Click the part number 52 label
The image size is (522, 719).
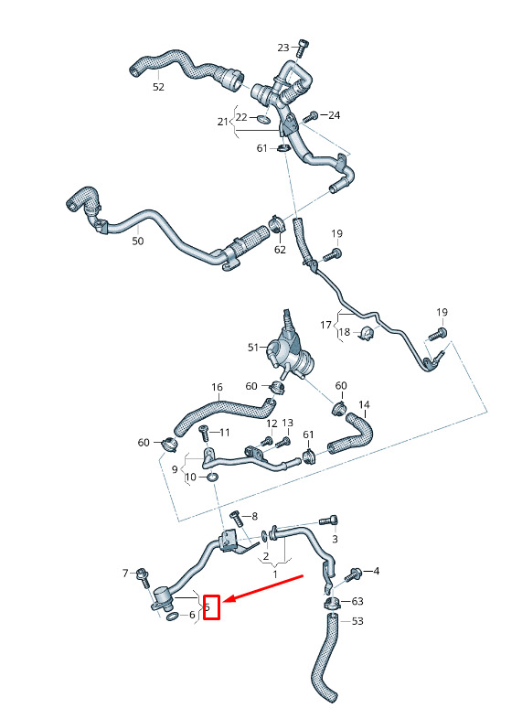tap(158, 87)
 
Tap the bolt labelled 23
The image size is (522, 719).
tap(302, 48)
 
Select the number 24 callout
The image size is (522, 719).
tap(334, 115)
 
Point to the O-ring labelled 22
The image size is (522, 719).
tap(263, 119)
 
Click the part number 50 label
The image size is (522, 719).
tap(137, 241)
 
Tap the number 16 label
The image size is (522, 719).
tap(217, 388)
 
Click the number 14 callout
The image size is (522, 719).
tap(364, 404)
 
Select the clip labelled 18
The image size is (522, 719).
tap(367, 333)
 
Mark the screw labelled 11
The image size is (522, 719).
tap(204, 433)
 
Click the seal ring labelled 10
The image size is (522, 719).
tap(212, 478)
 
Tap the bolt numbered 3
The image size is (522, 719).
tap(328, 520)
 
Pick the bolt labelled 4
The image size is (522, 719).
tap(353, 574)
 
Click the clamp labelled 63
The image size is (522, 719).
tap(331, 604)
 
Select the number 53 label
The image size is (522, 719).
tap(357, 621)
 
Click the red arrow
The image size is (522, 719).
tap(265, 586)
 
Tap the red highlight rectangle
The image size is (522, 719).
tap(212, 607)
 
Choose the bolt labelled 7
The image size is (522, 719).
tap(142, 578)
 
